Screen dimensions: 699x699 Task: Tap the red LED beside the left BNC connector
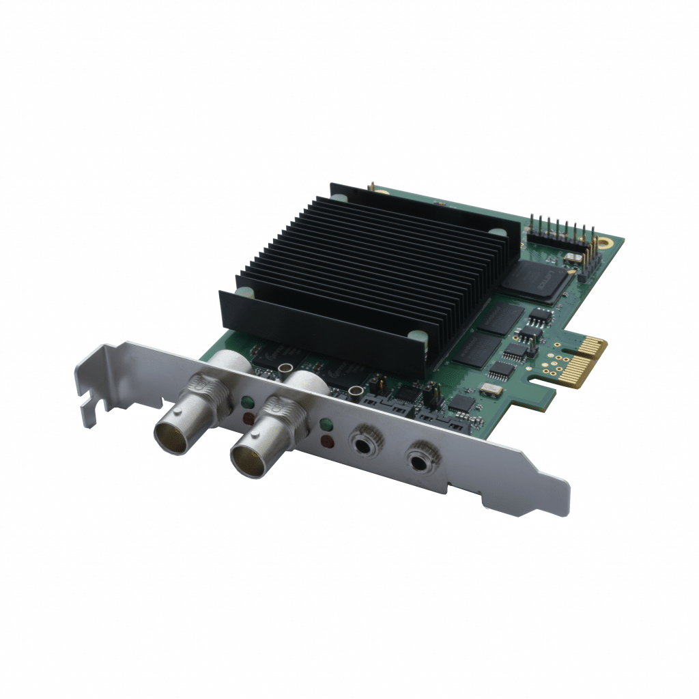(x=249, y=417)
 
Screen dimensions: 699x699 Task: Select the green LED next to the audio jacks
(x=326, y=426)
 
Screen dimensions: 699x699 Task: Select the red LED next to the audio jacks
(x=328, y=442)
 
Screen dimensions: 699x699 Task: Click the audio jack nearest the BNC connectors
(x=362, y=442)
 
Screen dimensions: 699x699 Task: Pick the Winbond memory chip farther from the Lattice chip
(x=476, y=349)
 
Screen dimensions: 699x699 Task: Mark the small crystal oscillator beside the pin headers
(x=573, y=257)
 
